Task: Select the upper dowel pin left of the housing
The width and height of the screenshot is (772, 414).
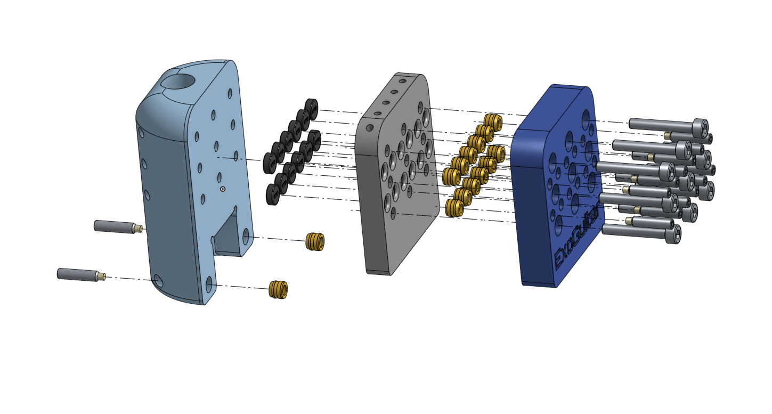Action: [118, 227]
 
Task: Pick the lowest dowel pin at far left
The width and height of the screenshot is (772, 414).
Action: [82, 275]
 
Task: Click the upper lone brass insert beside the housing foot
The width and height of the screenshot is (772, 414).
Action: [315, 241]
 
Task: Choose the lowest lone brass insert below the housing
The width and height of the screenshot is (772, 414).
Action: [278, 289]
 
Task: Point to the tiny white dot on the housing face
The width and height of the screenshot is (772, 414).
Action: [223, 189]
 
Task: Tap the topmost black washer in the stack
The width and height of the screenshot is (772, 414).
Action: [312, 109]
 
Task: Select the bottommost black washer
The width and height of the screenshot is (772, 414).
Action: [273, 194]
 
